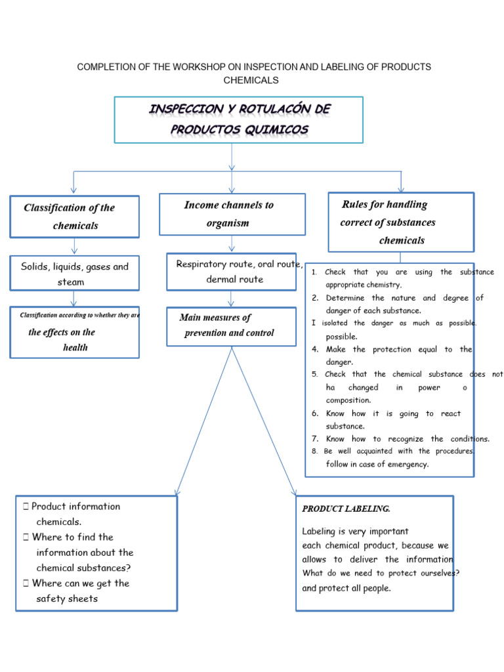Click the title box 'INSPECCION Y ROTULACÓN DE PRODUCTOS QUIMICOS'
pyautogui.click(x=238, y=119)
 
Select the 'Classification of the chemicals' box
pyautogui.click(x=74, y=217)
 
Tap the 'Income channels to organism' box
pyautogui.click(x=232, y=214)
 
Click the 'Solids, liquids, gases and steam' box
pyautogui.click(x=74, y=274)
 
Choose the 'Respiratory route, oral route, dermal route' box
pyautogui.click(x=232, y=272)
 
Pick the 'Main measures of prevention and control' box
pyautogui.click(x=232, y=325)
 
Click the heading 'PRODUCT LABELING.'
pyautogui.click(x=346, y=509)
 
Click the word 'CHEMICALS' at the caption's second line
pyautogui.click(x=251, y=80)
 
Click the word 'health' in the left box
pyautogui.click(x=75, y=347)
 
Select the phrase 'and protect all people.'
pyautogui.click(x=346, y=588)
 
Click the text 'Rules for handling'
pyautogui.click(x=385, y=205)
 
